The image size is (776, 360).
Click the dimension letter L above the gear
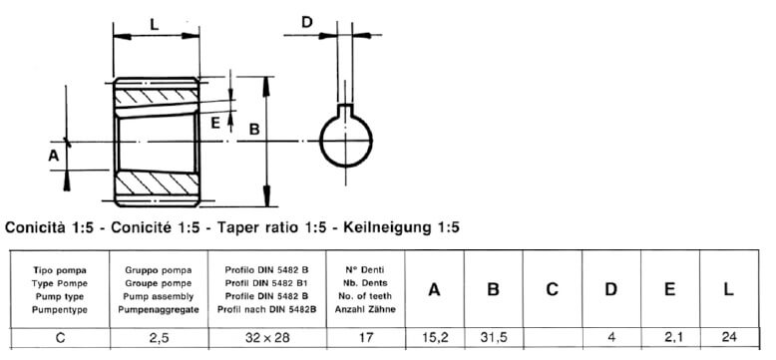tap(155, 24)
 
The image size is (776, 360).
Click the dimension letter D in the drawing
tap(307, 22)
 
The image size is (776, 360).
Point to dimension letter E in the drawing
tap(215, 123)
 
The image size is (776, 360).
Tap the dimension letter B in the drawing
tap(254, 130)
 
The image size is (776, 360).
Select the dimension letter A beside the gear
tap(54, 157)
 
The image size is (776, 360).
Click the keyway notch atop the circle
tap(345, 112)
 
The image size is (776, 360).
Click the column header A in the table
tap(434, 290)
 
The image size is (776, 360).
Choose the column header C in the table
tap(553, 290)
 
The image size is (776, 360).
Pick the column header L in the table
tap(728, 290)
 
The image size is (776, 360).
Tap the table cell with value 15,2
tap(434, 338)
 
